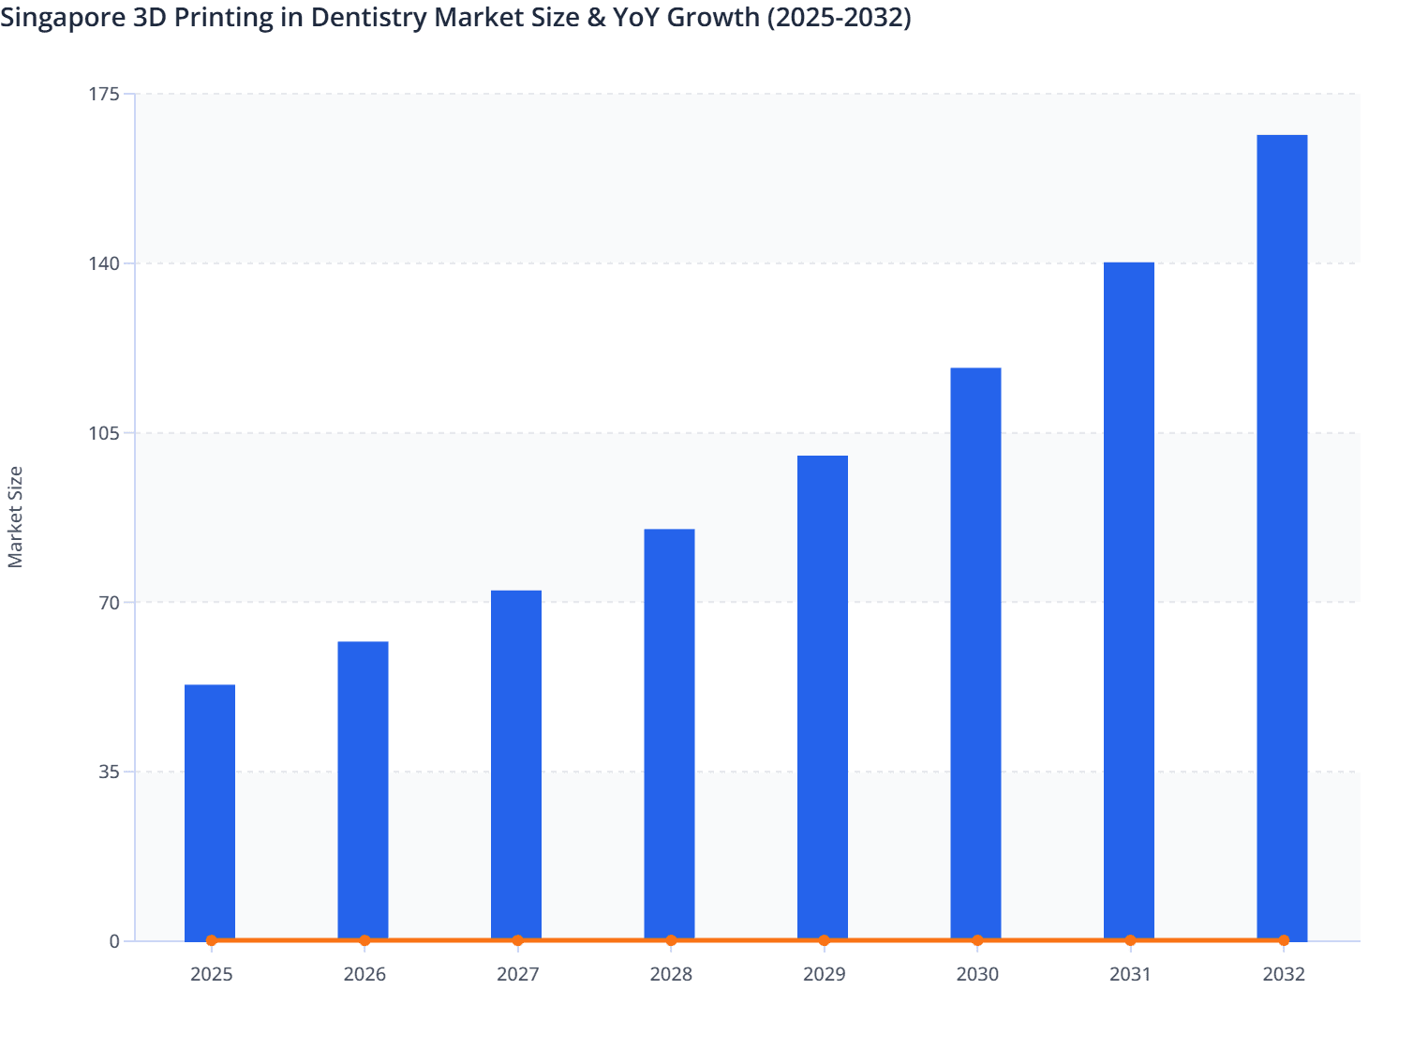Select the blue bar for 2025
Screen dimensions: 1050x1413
click(x=210, y=812)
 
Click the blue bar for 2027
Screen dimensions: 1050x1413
click(x=516, y=764)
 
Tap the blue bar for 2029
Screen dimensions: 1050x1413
click(x=823, y=697)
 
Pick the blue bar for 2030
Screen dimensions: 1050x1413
click(x=975, y=653)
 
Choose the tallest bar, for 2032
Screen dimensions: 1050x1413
click(x=1282, y=537)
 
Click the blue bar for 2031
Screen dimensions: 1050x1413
click(x=1129, y=601)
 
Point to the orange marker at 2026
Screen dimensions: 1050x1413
click(x=364, y=940)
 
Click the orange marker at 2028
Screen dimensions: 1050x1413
click(x=671, y=940)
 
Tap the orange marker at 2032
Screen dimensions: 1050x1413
click(x=1284, y=940)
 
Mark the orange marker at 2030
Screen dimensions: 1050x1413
click(x=977, y=940)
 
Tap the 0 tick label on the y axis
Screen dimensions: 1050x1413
click(x=114, y=941)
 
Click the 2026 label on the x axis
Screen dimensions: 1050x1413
click(x=364, y=974)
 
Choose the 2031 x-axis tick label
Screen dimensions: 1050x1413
click(x=1130, y=974)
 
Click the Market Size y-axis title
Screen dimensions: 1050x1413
click(x=15, y=517)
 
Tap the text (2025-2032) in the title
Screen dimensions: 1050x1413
click(x=839, y=17)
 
